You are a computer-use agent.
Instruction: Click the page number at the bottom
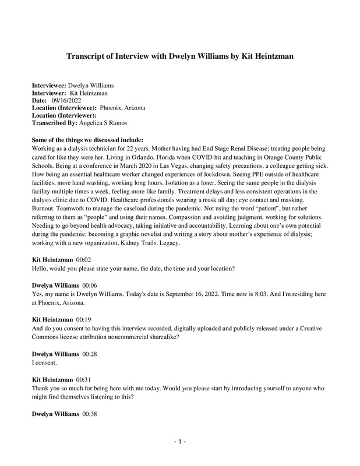click(179, 442)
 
